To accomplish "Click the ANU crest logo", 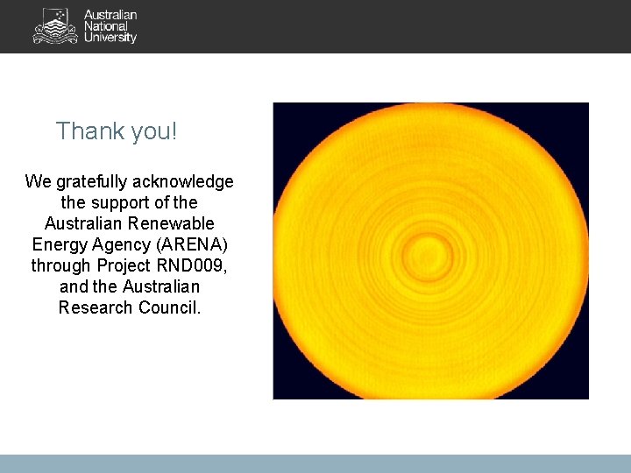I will [55, 26].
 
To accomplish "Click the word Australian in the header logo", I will [110, 15].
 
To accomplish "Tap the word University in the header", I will [110, 38].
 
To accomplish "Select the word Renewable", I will [170, 223].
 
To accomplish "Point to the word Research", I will [96, 307].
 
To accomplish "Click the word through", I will [61, 265].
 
